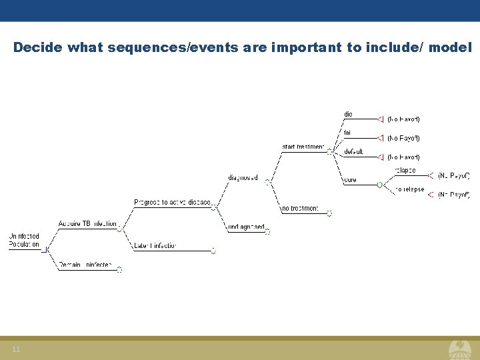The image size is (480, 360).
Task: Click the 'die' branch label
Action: [348, 114]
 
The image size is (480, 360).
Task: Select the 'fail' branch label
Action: [347, 133]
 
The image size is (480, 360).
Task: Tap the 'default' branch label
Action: [353, 152]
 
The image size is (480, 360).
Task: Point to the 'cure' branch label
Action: [350, 180]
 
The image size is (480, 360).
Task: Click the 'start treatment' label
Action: [303, 147]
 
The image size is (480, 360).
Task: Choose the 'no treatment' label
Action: [300, 209]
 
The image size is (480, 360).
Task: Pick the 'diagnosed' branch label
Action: [243, 177]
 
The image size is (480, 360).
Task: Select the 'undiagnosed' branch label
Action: [246, 227]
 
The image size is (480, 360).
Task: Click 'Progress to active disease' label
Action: [172, 202]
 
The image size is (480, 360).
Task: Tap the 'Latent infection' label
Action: [155, 246]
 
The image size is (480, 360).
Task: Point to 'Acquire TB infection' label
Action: [87, 224]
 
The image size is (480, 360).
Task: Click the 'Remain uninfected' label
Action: [87, 265]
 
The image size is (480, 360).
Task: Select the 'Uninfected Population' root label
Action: [24, 240]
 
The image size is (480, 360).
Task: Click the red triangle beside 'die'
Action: [381, 119]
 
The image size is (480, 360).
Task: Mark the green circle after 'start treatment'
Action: [329, 151]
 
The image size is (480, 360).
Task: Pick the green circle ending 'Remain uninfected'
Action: [119, 270]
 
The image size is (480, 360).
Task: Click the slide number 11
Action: [16, 350]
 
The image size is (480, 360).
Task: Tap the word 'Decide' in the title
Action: [37, 47]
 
